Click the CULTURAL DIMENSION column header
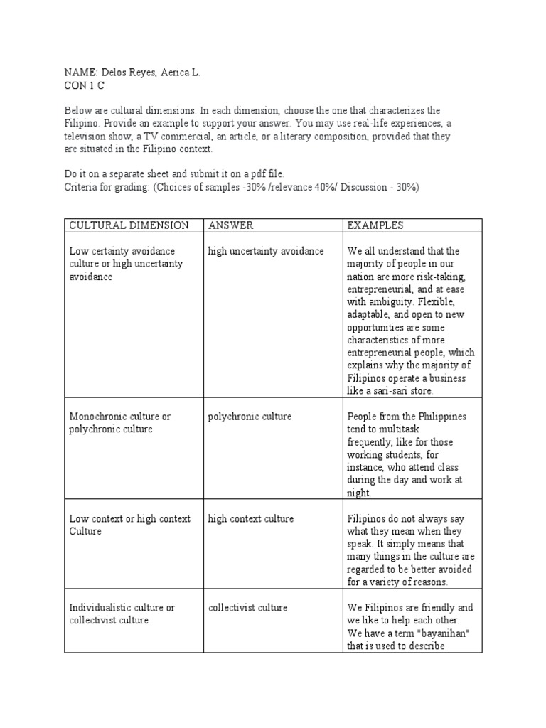click(129, 225)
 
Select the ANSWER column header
click(230, 225)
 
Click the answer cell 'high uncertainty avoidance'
click(266, 251)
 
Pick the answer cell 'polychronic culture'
click(250, 417)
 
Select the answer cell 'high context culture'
click(251, 519)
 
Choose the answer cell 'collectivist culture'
click(248, 608)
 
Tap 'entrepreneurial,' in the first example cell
click(381, 289)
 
